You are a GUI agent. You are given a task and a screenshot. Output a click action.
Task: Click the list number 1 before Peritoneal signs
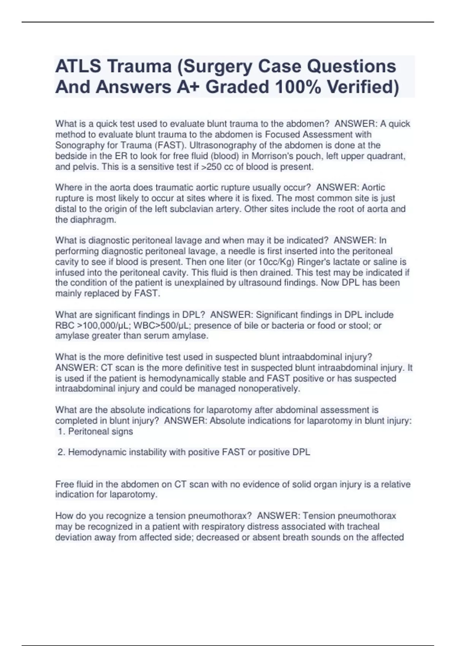(61, 432)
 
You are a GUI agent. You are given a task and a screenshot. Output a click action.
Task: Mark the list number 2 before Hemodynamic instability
(61, 452)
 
